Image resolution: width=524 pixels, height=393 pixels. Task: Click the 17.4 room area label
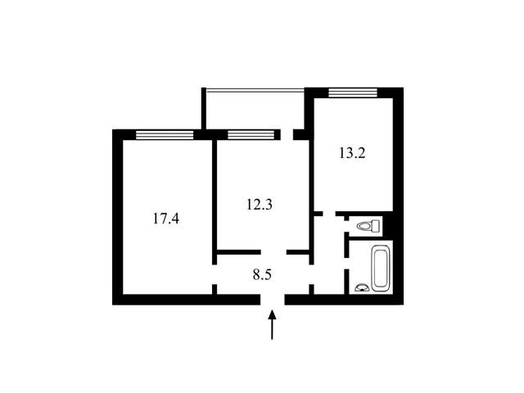click(166, 219)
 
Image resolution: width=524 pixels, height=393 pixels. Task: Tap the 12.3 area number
click(260, 204)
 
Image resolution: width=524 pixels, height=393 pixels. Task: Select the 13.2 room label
click(352, 153)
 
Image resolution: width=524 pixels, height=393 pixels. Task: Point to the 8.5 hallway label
click(262, 275)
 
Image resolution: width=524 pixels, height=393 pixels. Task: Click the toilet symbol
click(369, 226)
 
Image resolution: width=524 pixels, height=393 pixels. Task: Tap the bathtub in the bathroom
click(380, 269)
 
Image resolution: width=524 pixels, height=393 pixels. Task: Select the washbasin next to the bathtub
click(362, 287)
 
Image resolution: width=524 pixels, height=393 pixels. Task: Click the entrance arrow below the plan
click(272, 324)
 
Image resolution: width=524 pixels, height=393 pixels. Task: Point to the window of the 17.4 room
click(165, 134)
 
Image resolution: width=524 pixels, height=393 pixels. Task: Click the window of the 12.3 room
click(251, 134)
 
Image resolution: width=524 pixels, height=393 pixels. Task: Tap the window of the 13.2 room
click(353, 93)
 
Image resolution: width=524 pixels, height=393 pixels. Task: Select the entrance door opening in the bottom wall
click(273, 300)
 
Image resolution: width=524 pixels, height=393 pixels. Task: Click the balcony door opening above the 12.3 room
click(287, 134)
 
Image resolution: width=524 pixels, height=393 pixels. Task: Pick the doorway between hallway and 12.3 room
click(273, 252)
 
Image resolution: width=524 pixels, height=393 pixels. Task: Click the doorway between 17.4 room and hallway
click(215, 274)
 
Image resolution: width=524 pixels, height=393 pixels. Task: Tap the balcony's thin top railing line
click(255, 89)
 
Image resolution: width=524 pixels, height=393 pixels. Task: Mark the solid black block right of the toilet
click(388, 226)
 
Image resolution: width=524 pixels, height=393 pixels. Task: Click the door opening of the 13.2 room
click(329, 214)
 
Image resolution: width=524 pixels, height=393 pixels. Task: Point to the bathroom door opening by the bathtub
click(347, 264)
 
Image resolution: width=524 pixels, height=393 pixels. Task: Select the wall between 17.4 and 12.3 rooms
click(215, 201)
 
